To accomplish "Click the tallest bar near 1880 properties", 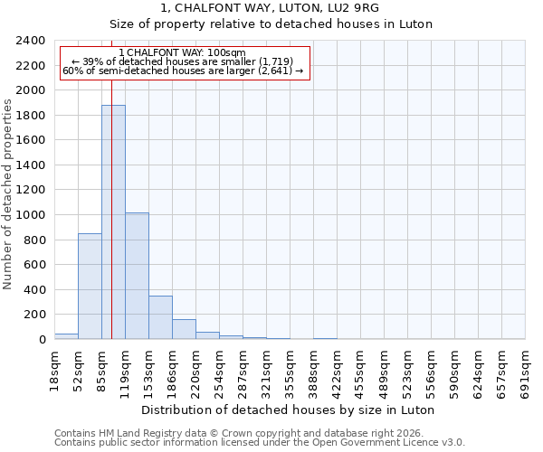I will pos(113,221).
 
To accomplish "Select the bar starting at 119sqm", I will pos(137,276).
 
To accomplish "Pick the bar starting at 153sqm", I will pos(160,317).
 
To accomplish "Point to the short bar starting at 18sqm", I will pos(66,336).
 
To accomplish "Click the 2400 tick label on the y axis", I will pos(31,42).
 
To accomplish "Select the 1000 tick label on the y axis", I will pos(31,215).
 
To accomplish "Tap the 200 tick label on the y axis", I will pos(34,315).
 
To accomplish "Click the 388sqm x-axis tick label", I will pos(313,369).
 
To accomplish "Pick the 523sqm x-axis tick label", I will pos(407,369).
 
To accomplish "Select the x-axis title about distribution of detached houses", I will pos(290,410).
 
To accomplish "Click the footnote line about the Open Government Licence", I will pos(260,442).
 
